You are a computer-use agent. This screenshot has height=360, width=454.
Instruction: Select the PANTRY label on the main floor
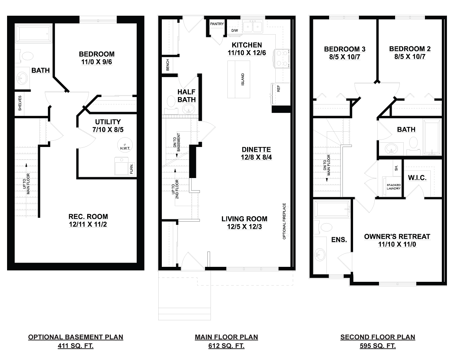pos(217,24)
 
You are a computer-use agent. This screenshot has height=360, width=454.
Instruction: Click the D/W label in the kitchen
pos(234,31)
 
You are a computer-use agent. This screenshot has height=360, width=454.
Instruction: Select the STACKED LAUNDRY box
pos(393,186)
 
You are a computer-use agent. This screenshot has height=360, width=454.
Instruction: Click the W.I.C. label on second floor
pos(417,178)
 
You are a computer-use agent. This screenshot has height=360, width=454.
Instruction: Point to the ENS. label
pos(339,239)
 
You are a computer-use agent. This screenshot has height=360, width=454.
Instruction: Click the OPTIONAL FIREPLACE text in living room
pos(284,221)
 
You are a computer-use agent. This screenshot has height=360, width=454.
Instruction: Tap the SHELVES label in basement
pos(20,104)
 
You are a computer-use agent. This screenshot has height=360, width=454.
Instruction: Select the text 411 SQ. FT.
pos(75,346)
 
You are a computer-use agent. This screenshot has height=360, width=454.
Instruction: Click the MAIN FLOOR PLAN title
pos(226,337)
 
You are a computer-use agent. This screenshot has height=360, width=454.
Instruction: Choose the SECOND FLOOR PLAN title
pos(377,337)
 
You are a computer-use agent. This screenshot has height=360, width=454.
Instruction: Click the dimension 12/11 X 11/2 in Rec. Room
pos(88,224)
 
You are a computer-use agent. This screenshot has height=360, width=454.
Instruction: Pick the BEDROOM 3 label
pos(344,49)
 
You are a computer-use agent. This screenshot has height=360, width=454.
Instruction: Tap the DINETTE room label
pos(256,149)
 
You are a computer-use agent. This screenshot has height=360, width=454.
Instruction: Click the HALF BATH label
pos(186,96)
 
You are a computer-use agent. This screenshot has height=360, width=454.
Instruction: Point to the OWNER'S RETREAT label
pos(397,237)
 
